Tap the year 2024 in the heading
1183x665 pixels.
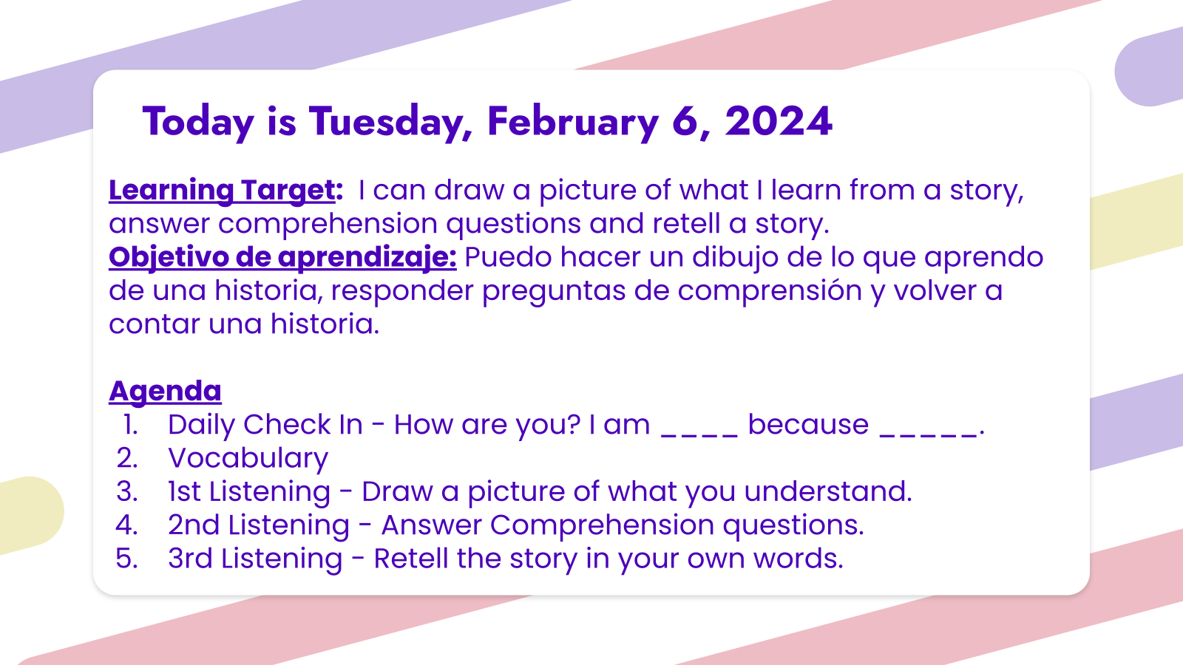point(779,121)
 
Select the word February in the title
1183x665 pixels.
point(573,123)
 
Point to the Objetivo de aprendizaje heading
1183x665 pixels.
point(282,258)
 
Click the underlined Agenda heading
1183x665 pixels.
point(165,392)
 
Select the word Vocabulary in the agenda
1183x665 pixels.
point(248,458)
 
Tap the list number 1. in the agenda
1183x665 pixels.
point(130,424)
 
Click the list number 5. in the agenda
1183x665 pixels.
point(126,559)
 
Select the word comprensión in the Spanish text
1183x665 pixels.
point(770,291)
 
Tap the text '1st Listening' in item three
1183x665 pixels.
point(249,492)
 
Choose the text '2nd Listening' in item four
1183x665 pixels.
point(259,525)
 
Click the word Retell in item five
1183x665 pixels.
point(411,559)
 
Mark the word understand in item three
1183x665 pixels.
point(828,492)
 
